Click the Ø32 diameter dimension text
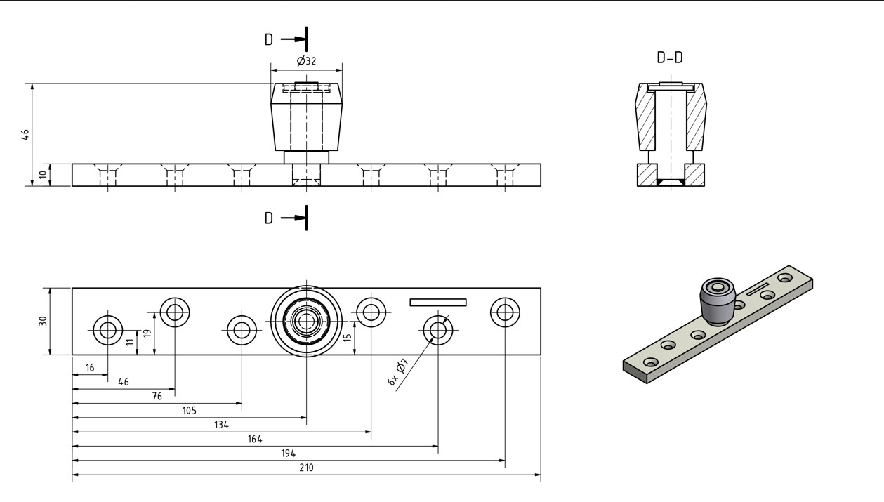307,61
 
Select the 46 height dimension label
25,134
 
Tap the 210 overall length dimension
307,468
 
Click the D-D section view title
670,58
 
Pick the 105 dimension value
189,410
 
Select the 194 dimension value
289,454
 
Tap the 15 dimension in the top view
348,338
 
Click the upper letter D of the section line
268,39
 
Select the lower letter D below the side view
268,218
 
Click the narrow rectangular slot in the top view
437,303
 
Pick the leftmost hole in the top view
108,329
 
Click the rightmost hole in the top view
505,312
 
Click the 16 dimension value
90,367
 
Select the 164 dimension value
254,439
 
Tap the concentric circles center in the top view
306,322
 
